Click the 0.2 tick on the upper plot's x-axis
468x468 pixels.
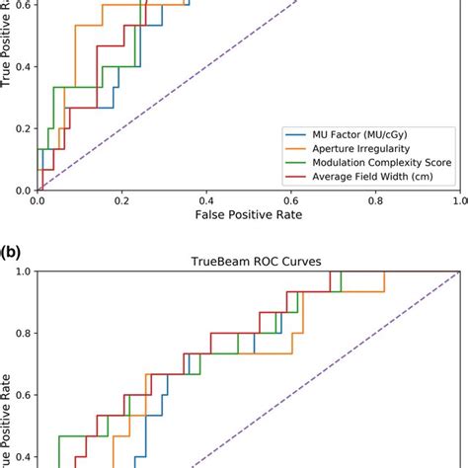click(121, 198)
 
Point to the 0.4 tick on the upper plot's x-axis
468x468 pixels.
click(206, 198)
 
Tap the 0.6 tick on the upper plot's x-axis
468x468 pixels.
click(290, 198)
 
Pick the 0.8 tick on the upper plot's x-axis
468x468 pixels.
click(375, 198)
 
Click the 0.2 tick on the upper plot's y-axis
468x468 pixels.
click(22, 128)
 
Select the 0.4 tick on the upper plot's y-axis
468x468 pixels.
click(22, 67)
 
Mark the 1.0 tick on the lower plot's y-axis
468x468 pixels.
click(22, 271)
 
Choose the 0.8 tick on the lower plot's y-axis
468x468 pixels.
click(22, 333)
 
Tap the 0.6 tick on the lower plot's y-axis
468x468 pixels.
click(22, 395)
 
